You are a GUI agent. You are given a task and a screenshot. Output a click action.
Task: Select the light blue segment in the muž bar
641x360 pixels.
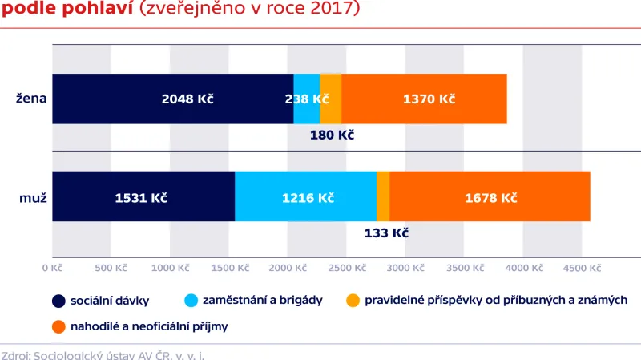tap(305, 196)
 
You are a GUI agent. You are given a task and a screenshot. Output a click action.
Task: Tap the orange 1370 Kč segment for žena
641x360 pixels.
tap(424, 99)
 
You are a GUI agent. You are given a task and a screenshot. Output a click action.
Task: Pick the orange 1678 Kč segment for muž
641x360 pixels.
tap(490, 196)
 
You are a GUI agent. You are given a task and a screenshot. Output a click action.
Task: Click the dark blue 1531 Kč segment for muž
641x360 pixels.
tap(143, 196)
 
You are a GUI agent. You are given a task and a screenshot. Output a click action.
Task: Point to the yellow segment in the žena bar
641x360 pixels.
tap(330, 99)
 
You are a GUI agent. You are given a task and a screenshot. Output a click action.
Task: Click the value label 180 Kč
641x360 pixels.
tap(332, 135)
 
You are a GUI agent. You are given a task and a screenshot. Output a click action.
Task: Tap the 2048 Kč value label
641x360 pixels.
tap(187, 99)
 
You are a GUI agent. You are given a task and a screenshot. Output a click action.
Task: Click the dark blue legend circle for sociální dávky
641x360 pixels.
tap(58, 301)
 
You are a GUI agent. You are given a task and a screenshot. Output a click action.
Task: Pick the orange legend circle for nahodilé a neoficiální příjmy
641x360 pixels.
tap(58, 326)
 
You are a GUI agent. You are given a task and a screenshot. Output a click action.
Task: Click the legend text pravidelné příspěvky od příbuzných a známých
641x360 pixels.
tap(495, 301)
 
